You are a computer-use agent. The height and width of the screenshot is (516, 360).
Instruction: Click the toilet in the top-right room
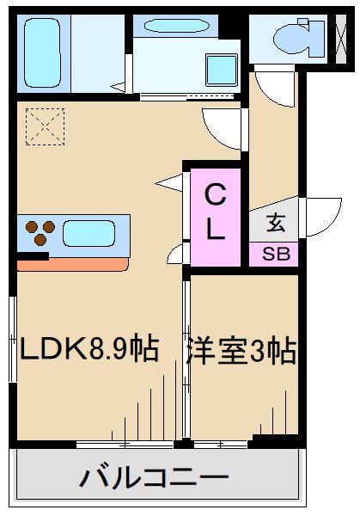click(x=288, y=38)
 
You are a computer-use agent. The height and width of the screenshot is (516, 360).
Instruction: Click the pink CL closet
click(x=215, y=215)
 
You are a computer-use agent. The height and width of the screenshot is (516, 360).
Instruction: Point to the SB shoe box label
click(x=275, y=255)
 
